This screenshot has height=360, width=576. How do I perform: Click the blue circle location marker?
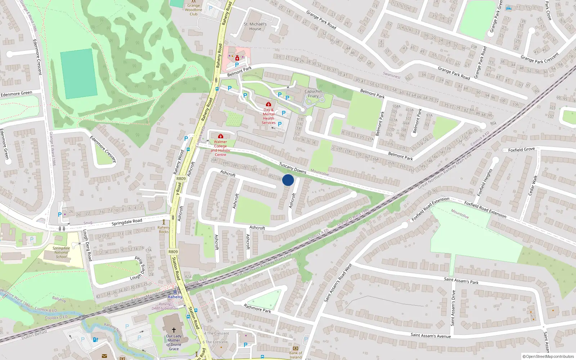[x=288, y=180]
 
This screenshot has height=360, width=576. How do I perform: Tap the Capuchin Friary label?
[x=313, y=94]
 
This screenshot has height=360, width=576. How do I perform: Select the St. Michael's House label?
[x=255, y=26]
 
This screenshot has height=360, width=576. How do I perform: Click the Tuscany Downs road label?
[x=292, y=167]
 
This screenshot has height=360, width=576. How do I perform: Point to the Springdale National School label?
[x=61, y=252]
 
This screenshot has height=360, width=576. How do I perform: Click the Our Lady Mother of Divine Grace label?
[x=174, y=342]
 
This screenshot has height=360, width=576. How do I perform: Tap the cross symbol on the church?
[x=174, y=330]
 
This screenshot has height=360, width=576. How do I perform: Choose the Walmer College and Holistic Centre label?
[x=221, y=148]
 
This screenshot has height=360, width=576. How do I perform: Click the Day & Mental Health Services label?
[x=269, y=116]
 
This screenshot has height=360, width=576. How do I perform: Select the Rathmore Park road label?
[x=257, y=309]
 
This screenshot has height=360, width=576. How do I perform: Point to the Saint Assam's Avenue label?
[x=431, y=336]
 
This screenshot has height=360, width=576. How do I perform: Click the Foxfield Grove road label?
[x=521, y=149]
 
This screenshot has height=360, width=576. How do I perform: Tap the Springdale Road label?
[x=127, y=222]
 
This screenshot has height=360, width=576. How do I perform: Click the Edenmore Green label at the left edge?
[x=16, y=94]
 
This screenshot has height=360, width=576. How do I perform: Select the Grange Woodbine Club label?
[x=194, y=10]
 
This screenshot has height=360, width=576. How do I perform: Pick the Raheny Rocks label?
[x=164, y=230]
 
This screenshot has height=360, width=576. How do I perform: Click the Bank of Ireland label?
[x=296, y=355]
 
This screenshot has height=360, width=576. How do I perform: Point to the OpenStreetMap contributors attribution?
[x=548, y=357]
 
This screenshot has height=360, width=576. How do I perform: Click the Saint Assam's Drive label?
[x=453, y=308]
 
